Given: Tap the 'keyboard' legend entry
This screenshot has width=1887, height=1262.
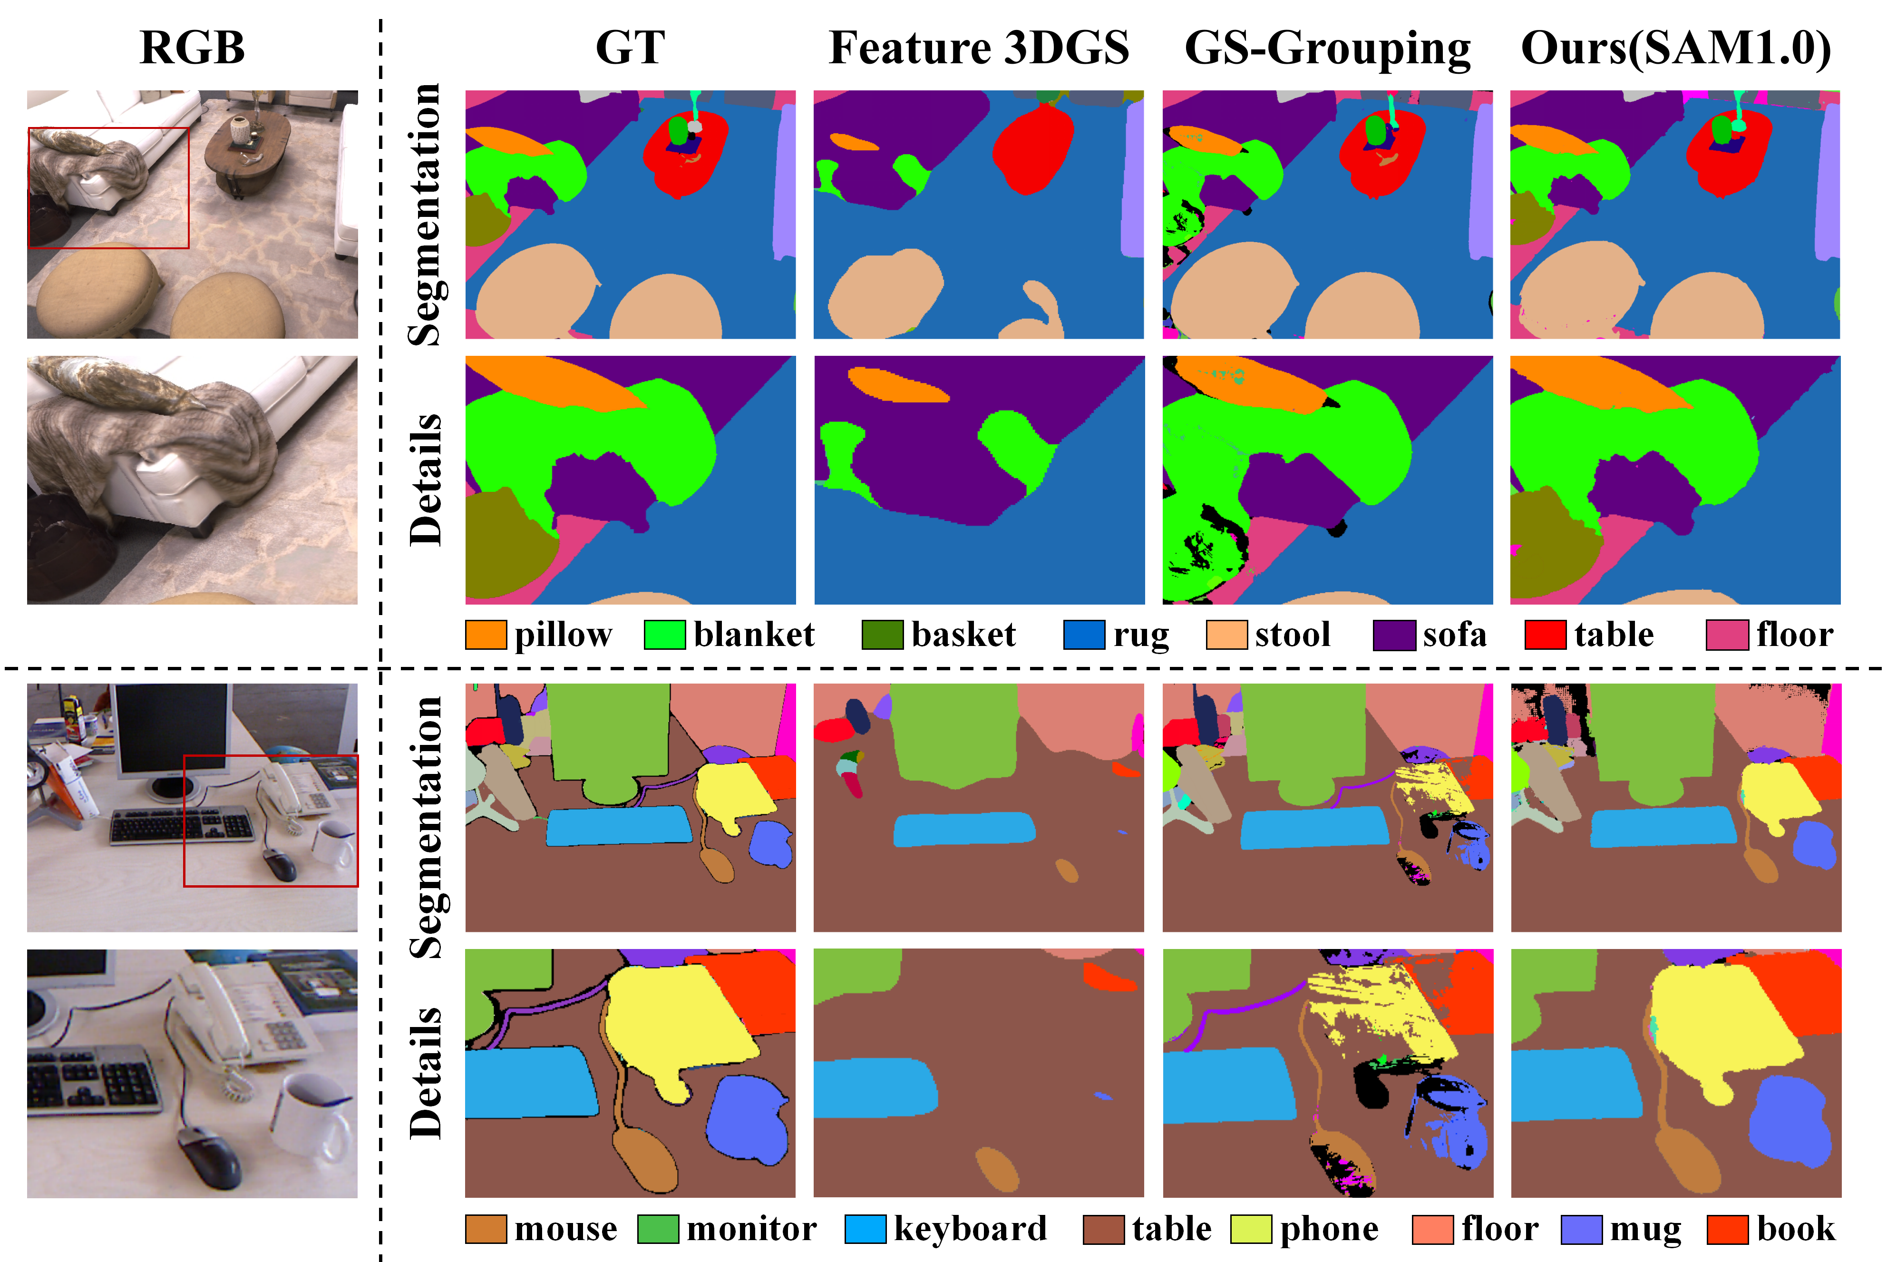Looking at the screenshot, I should click(970, 1229).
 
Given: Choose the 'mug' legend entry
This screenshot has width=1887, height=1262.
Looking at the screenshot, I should click(1645, 1229).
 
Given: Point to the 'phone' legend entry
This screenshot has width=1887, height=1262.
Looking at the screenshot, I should click(1329, 1229).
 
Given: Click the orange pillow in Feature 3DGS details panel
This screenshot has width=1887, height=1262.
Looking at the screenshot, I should click(897, 385).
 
